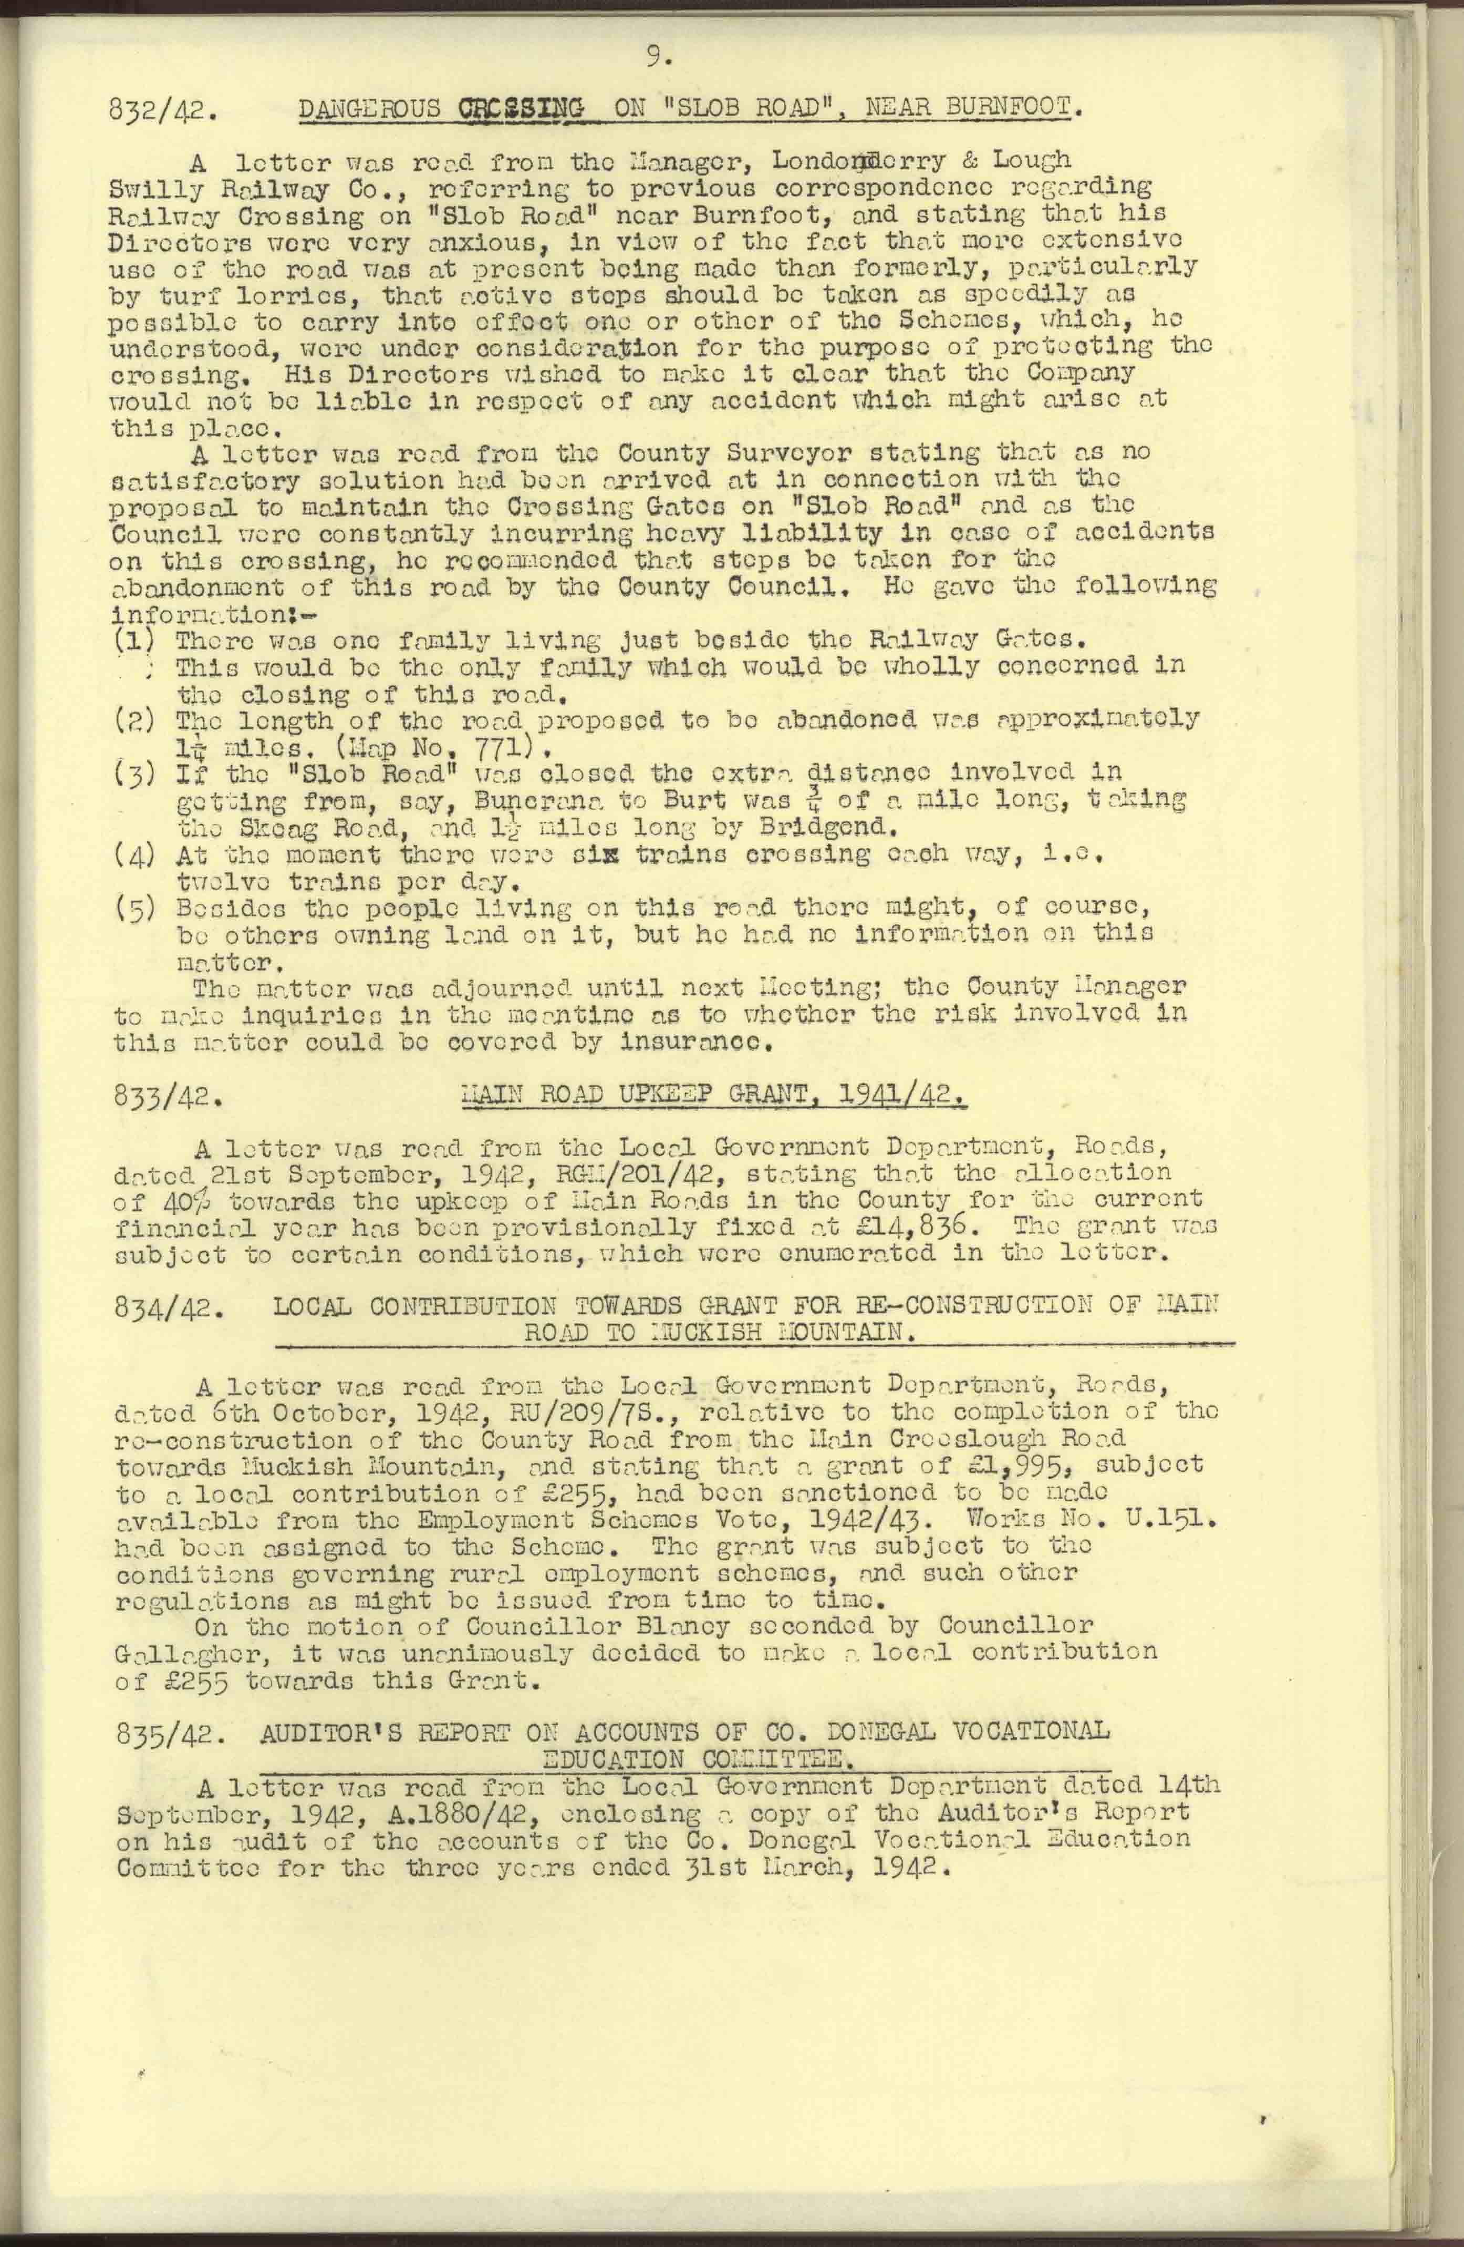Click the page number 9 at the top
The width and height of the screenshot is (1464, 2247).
pyautogui.click(x=657, y=58)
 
